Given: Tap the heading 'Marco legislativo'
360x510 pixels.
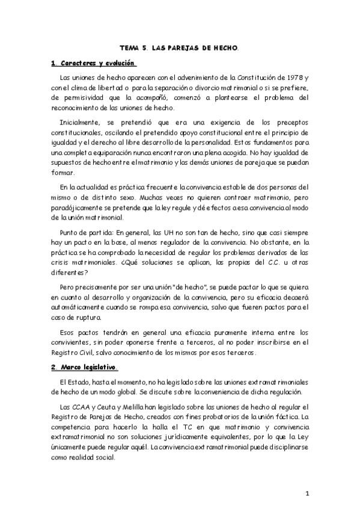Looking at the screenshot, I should (x=87, y=366).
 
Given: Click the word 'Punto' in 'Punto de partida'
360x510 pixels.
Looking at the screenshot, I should (x=70, y=232).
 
